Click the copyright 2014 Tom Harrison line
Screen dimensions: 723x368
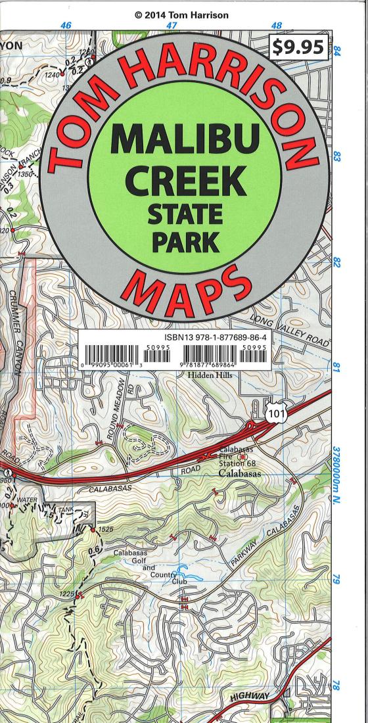(x=183, y=15)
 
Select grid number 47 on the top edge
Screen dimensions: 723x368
(x=172, y=26)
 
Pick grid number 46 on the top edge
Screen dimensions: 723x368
(x=66, y=26)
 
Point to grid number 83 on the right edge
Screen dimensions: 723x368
(x=336, y=158)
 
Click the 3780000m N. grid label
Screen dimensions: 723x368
(x=336, y=473)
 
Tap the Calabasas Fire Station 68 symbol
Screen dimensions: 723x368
(x=242, y=456)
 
